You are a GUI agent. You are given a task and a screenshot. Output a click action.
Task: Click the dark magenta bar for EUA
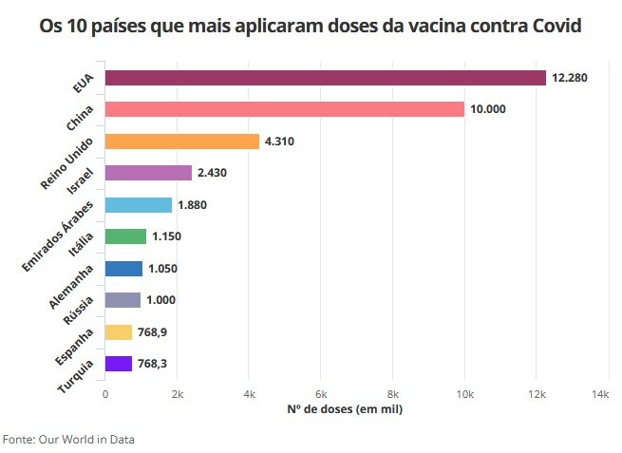click(325, 78)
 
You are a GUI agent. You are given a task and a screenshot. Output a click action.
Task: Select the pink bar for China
click(284, 109)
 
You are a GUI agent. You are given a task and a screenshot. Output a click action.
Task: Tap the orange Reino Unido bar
click(181, 142)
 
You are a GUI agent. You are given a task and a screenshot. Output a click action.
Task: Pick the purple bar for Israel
click(148, 173)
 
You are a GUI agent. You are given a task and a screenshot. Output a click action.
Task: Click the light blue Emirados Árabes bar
click(138, 205)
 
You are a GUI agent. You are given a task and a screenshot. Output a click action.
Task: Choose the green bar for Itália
click(125, 236)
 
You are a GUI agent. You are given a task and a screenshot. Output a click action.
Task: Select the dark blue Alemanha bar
click(123, 269)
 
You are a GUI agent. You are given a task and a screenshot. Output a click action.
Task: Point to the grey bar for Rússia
click(123, 300)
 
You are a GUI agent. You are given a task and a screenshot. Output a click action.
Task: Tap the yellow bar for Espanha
click(118, 332)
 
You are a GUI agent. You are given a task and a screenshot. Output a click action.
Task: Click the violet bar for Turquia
click(118, 364)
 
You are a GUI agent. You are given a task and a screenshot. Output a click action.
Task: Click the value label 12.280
click(570, 78)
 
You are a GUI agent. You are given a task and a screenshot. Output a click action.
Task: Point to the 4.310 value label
click(281, 142)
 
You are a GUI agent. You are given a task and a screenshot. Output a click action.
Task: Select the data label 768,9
click(152, 332)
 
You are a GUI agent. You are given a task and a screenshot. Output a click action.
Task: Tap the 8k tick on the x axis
click(392, 393)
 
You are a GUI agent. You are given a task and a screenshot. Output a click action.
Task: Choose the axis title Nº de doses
click(345, 409)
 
